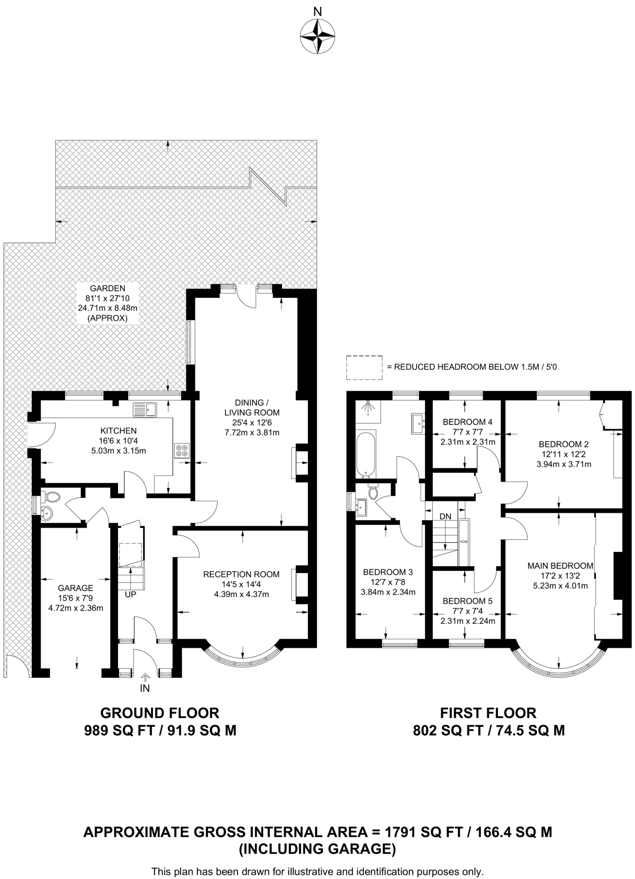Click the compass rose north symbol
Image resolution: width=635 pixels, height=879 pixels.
(317, 36)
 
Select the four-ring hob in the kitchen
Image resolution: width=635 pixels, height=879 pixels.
(182, 450)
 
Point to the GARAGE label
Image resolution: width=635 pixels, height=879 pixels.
(76, 588)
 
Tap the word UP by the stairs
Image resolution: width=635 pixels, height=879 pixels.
(131, 595)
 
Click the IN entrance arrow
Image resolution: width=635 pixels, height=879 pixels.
(145, 678)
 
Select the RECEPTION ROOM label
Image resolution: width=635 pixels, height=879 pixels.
(241, 574)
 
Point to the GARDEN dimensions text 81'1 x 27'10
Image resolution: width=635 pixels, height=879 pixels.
(108, 298)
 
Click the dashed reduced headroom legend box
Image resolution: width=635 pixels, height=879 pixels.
(364, 367)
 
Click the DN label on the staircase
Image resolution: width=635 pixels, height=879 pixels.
(445, 516)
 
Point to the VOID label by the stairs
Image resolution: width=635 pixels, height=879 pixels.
(464, 542)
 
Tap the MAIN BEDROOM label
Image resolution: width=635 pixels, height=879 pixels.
(560, 566)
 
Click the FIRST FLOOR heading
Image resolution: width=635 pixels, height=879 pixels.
(488, 713)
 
